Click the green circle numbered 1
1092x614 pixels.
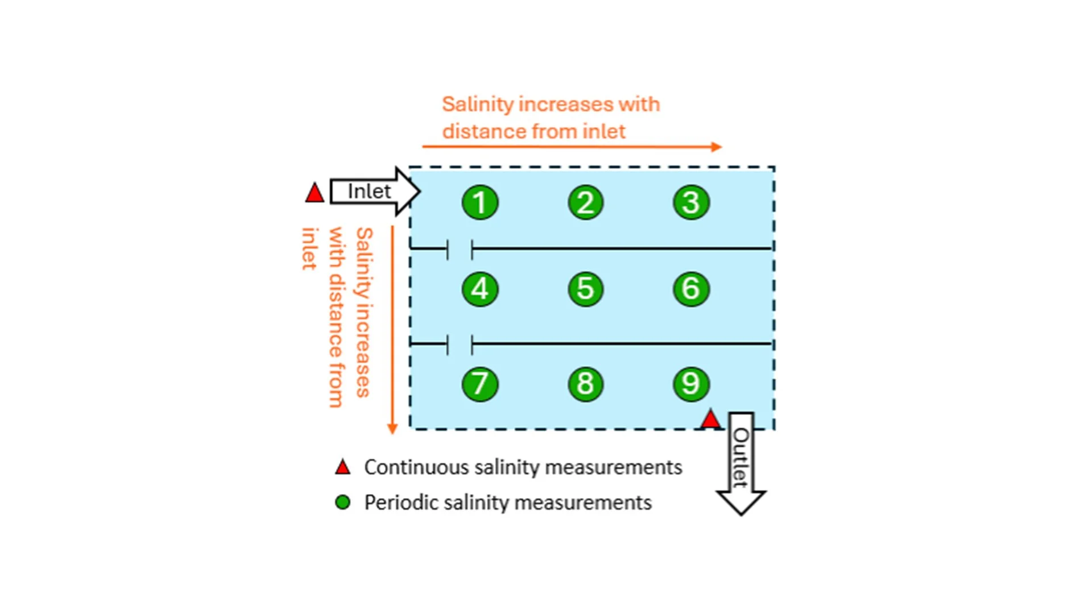(x=480, y=202)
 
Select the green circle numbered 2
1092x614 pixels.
(x=585, y=202)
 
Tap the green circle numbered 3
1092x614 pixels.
(x=691, y=202)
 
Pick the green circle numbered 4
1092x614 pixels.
(x=480, y=289)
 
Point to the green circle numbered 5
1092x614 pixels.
(x=585, y=289)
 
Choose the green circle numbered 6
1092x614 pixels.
(x=691, y=289)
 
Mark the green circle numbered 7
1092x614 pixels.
(x=480, y=384)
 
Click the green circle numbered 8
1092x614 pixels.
(x=585, y=384)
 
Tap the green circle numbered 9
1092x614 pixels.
(x=691, y=384)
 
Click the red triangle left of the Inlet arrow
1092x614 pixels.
(x=315, y=193)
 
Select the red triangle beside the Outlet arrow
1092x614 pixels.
(x=710, y=420)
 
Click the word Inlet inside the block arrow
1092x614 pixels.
(x=369, y=192)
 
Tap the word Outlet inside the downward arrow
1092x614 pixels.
(x=741, y=457)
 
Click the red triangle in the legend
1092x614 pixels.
(x=342, y=468)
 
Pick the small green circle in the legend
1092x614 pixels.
(x=342, y=503)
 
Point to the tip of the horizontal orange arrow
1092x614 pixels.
(x=720, y=147)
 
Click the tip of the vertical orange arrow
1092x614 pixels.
(x=392, y=432)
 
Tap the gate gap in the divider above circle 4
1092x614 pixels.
(x=460, y=249)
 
